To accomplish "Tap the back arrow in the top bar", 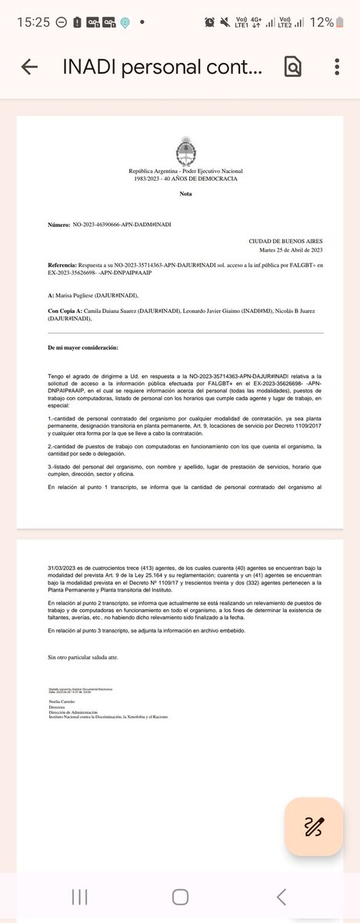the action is click(x=29, y=67).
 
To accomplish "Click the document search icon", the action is click(x=292, y=67).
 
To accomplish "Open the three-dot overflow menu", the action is click(x=337, y=67).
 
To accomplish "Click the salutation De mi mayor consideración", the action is click(x=83, y=348).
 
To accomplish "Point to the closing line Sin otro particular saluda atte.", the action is click(x=83, y=658).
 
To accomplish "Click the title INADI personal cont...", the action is click(x=162, y=67).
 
